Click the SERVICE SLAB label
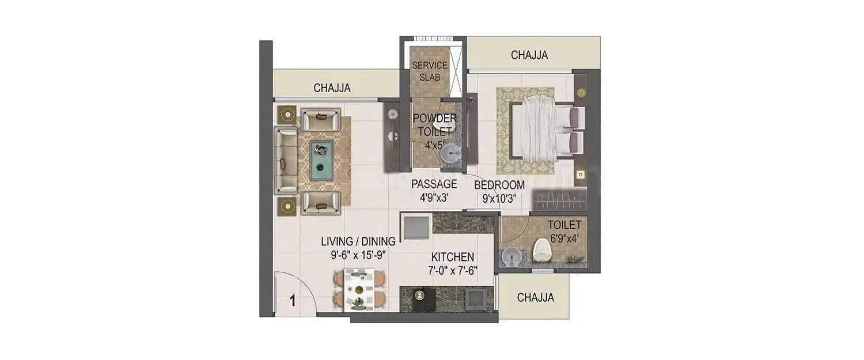tap(429, 71)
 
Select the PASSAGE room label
tap(434, 184)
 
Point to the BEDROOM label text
tap(499, 185)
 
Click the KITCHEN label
tap(453, 257)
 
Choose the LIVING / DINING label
tap(358, 241)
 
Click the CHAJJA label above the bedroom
tap(529, 55)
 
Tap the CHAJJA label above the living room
tap(332, 88)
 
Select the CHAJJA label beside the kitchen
tap(536, 298)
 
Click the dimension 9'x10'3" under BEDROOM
tap(499, 199)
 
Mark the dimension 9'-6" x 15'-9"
tap(358, 255)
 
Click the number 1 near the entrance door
tap(293, 301)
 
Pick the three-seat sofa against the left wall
tap(286, 160)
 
